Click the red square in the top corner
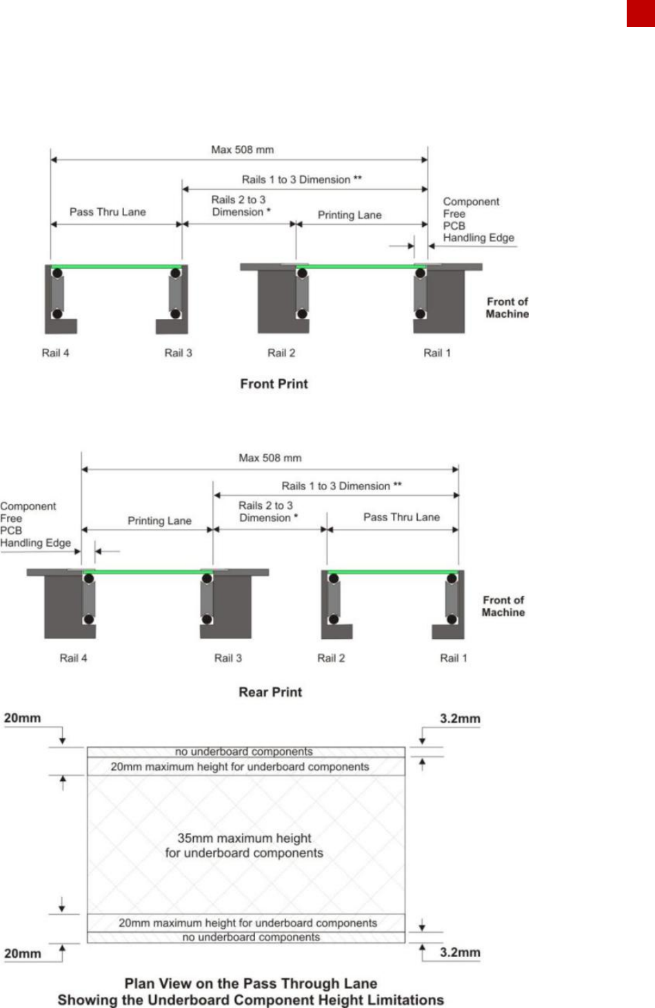(641, 13)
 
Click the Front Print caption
(274, 384)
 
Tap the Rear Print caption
(270, 692)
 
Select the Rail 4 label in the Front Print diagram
(55, 353)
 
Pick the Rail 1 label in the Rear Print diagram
(453, 658)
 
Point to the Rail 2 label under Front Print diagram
(281, 353)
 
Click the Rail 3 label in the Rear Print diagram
(228, 658)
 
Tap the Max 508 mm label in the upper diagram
(242, 150)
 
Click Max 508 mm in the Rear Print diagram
(270, 458)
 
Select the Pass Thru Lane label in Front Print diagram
(108, 212)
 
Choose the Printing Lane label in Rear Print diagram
(159, 521)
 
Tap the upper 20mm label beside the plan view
(23, 718)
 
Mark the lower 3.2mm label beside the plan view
(460, 953)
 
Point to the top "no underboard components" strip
(244, 752)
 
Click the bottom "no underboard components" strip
(251, 938)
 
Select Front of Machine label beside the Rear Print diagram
(503, 606)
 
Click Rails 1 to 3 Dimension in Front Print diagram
(301, 180)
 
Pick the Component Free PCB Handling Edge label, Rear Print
(34, 525)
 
